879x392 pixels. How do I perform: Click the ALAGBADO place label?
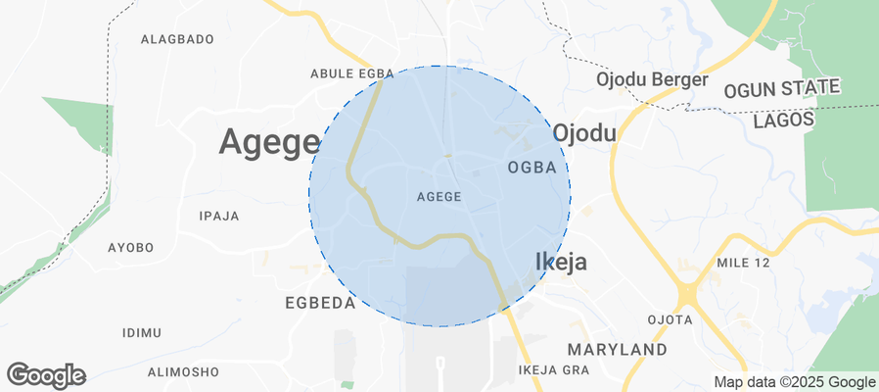(177, 39)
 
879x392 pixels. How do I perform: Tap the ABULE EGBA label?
(351, 73)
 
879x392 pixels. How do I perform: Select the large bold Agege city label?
(269, 142)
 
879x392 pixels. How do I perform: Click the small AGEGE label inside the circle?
(439, 197)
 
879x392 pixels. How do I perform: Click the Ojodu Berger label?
(652, 79)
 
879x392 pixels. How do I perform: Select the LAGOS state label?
(784, 120)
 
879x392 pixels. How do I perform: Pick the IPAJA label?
(218, 216)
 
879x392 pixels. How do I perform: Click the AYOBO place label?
(130, 248)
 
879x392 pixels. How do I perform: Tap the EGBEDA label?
(320, 303)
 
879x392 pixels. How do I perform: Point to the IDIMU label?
(141, 333)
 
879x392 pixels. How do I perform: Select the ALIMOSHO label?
(183, 371)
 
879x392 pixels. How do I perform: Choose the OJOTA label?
(671, 320)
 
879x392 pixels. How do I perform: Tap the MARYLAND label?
(618, 350)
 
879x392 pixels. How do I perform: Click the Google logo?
(46, 374)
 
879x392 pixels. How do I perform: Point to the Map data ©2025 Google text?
(794, 382)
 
